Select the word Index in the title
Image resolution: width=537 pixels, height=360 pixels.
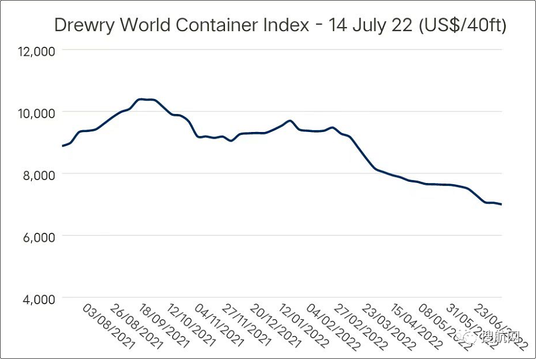(x=281, y=25)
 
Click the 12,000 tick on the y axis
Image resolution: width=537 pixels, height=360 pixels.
(x=37, y=51)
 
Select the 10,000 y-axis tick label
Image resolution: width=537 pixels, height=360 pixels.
(x=37, y=113)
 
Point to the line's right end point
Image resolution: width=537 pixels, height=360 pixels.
(x=502, y=205)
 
